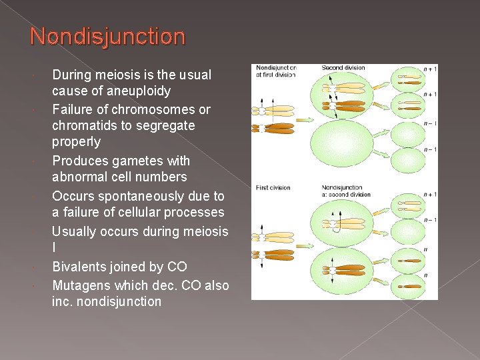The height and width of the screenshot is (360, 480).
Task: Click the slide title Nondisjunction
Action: point(107,36)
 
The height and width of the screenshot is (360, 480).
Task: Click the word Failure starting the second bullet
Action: point(73,109)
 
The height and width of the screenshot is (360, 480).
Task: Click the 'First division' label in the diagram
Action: point(273,188)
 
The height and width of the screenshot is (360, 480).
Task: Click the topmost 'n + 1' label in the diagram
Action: point(430,69)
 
